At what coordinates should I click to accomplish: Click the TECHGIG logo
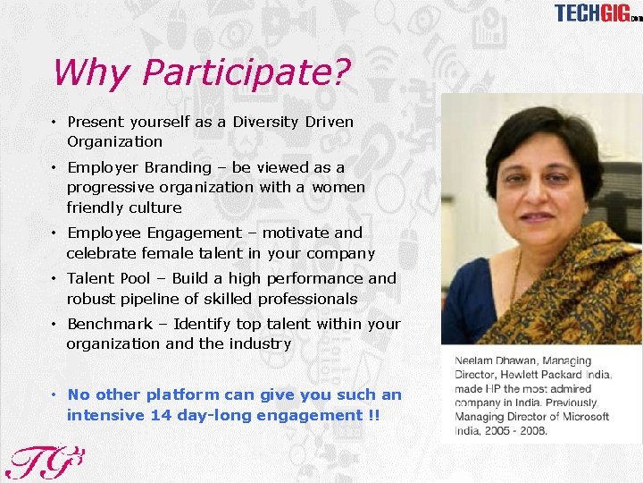597,13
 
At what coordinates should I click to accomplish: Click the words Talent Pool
105,278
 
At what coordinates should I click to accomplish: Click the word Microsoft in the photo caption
581,416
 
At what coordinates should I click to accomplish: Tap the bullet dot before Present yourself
54,123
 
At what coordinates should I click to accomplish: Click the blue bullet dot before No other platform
54,395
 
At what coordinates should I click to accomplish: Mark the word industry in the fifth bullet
261,343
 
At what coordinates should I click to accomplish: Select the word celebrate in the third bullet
101,253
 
